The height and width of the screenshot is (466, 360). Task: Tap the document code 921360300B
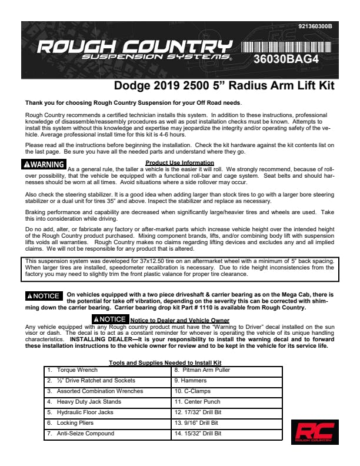pos(315,27)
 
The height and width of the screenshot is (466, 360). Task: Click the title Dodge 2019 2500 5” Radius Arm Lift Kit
pos(224,86)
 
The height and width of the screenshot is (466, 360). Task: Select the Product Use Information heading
pos(179,162)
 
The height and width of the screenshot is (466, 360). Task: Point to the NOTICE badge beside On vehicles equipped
pos(44,296)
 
